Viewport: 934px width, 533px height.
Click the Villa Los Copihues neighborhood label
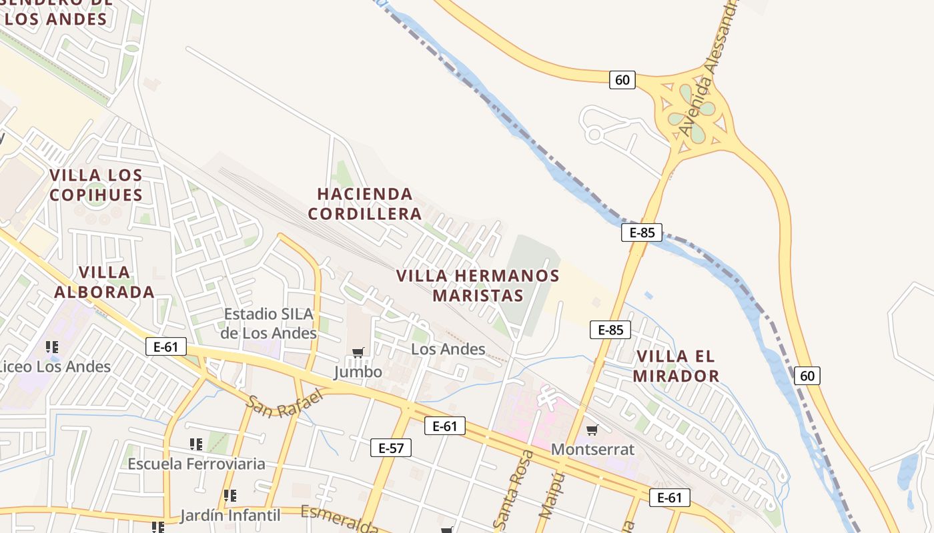[x=96, y=185]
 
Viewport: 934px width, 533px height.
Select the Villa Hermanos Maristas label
[x=478, y=285]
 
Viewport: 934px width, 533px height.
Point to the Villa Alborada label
[x=104, y=282]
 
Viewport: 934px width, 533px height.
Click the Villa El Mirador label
[x=676, y=366]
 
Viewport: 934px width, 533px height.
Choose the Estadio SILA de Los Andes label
[x=269, y=323]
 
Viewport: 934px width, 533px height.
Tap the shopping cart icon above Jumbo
[x=358, y=352]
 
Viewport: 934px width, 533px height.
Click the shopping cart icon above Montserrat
[x=592, y=430]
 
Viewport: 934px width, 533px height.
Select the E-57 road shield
[x=391, y=448]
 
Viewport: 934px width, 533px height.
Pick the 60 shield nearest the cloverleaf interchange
[x=622, y=80]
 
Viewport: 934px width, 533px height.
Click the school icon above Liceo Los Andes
[x=52, y=346]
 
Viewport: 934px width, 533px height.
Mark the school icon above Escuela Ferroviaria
[x=196, y=444]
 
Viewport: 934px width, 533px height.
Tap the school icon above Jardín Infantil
[x=230, y=496]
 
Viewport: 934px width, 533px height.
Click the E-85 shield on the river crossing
[x=642, y=233]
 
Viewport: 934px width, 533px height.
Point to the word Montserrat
[x=592, y=449]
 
